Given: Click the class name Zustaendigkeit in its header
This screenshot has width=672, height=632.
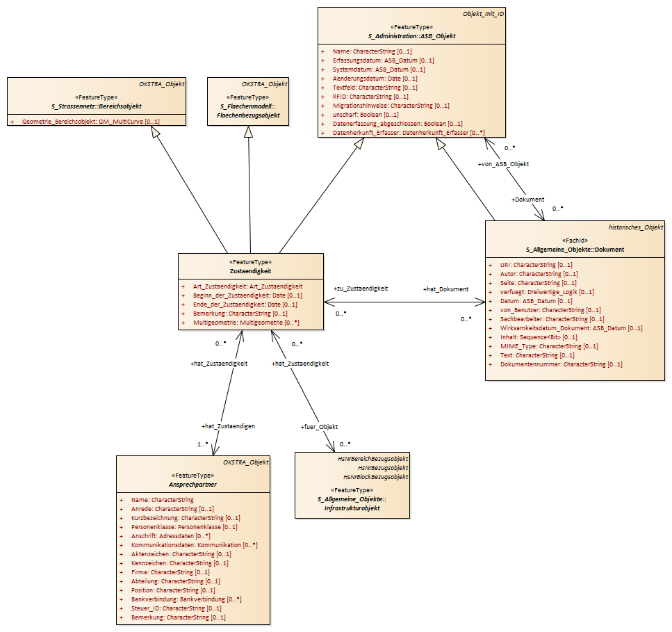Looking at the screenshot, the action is (250, 271).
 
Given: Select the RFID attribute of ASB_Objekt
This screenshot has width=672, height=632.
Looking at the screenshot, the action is (370, 97).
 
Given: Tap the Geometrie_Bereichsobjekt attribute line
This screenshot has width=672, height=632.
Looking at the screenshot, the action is (90, 122).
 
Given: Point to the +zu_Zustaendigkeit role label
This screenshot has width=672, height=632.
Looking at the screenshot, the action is (361, 289).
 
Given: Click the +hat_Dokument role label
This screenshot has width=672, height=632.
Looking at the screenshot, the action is (445, 289).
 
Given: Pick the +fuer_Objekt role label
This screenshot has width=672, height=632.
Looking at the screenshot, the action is (319, 427).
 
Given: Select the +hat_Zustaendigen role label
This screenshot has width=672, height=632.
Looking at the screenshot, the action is (228, 426).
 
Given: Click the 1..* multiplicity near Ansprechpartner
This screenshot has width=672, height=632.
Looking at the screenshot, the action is (203, 444).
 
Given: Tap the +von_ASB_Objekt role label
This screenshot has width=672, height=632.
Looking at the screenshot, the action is (504, 164).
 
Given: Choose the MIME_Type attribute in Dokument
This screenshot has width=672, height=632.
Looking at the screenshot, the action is (549, 346).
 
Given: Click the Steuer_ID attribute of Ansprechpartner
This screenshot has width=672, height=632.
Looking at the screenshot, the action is (176, 608).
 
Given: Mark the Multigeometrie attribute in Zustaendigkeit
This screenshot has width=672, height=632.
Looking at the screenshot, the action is (246, 323).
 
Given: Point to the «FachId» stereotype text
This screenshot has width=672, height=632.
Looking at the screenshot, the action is (575, 240).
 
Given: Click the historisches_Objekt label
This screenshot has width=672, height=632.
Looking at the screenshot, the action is (636, 227).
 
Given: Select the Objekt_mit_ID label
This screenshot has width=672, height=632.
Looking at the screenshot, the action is (483, 14).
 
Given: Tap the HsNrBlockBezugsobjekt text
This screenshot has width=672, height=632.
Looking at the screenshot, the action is (375, 477).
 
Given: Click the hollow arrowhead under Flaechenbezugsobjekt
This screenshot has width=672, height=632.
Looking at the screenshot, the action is (249, 131).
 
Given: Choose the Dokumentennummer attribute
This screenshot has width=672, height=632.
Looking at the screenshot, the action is (561, 364).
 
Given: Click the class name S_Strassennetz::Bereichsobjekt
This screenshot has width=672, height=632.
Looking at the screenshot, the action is (97, 106).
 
